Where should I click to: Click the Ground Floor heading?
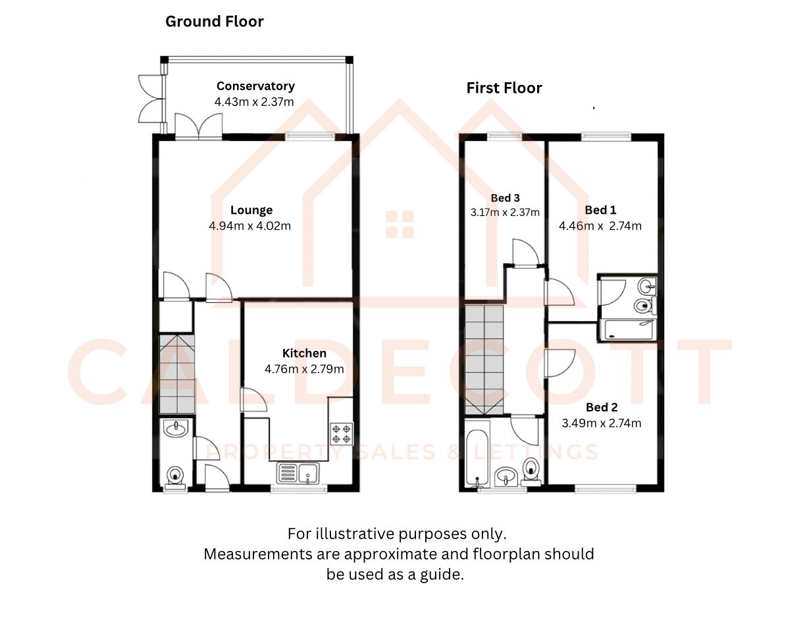tap(215, 22)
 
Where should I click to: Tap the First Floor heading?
tap(504, 88)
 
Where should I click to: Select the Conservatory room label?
tap(255, 86)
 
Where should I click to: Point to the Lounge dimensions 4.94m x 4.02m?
tap(250, 226)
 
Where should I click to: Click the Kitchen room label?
tap(304, 353)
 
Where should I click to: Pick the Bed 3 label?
tap(505, 198)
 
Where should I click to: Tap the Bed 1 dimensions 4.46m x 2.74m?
tap(600, 226)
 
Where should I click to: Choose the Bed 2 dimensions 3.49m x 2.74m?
tap(601, 423)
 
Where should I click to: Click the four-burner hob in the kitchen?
tap(341, 434)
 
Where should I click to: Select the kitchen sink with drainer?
tap(298, 473)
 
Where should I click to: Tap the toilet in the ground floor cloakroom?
tap(175, 477)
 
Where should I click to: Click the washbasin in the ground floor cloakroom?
tap(176, 429)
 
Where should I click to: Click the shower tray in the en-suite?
tap(628, 329)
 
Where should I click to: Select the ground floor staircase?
tap(177, 375)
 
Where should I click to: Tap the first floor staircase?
tap(484, 359)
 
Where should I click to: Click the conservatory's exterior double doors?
tap(151, 99)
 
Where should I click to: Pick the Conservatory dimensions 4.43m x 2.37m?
tap(254, 102)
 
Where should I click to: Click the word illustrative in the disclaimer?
tap(356, 534)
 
